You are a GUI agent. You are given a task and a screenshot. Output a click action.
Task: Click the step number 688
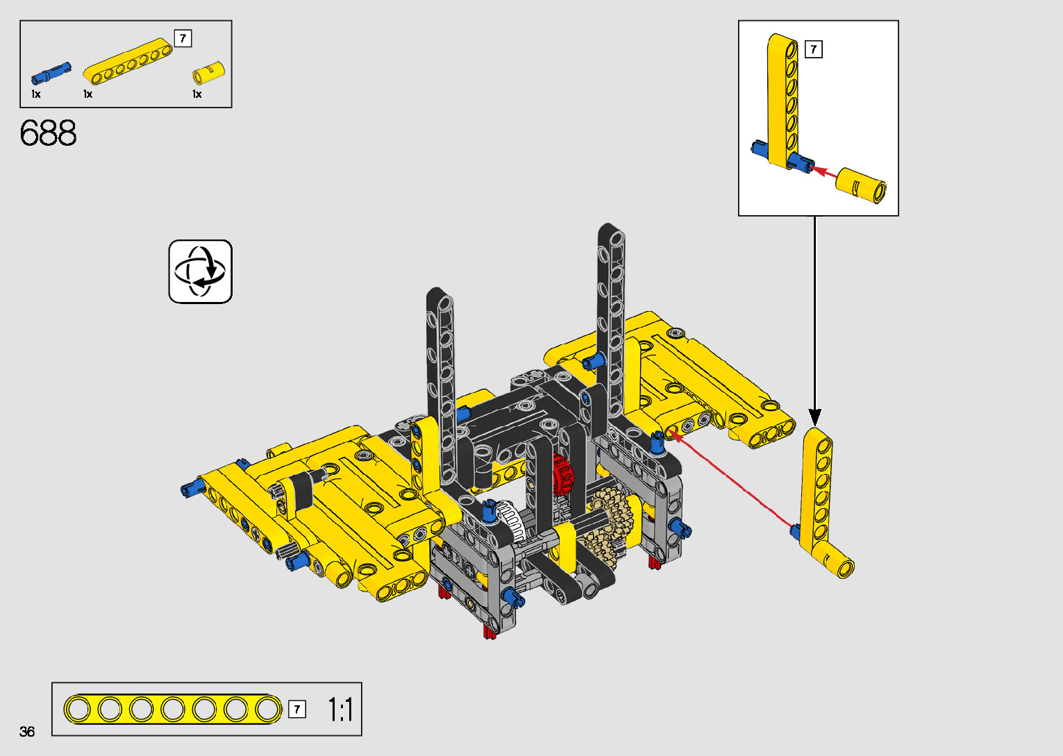48,133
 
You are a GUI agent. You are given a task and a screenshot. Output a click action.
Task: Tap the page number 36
27,731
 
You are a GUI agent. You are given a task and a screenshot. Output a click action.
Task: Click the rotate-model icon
200,271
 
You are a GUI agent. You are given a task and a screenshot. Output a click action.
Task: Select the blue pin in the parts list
51,74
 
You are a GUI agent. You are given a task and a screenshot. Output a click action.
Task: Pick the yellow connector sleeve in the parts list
208,73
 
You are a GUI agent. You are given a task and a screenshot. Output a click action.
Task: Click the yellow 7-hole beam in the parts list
128,61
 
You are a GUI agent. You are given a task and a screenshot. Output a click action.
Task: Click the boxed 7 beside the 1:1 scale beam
297,709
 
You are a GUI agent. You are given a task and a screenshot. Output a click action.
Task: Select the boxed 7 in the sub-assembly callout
813,49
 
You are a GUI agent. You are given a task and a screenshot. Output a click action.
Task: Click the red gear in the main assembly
563,474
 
